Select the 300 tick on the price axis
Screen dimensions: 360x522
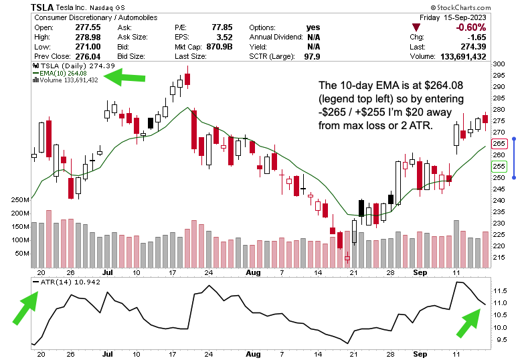[499, 64]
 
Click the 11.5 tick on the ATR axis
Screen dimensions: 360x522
[500, 291]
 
